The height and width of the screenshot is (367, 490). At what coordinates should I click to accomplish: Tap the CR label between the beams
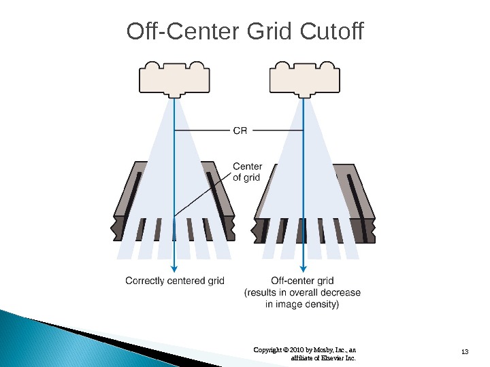[240, 130]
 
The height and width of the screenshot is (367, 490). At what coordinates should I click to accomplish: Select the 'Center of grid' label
[247, 172]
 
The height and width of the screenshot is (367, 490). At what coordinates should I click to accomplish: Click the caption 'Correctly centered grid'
[175, 281]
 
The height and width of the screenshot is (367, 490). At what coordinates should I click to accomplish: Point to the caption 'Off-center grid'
[302, 281]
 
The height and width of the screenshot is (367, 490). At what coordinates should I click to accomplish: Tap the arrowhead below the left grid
[175, 267]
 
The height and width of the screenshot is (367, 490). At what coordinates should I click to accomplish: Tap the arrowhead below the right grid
[302, 267]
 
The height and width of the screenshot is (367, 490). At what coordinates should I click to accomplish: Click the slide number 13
[465, 351]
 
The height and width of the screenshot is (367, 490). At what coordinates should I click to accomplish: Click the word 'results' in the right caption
[261, 293]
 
